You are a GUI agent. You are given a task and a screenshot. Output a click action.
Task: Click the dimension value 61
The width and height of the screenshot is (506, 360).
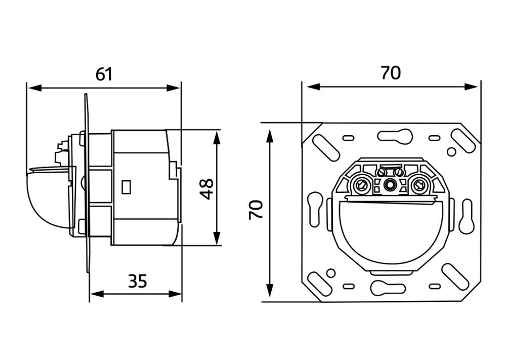click(x=104, y=74)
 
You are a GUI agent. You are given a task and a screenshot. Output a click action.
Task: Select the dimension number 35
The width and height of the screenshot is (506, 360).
click(x=138, y=281)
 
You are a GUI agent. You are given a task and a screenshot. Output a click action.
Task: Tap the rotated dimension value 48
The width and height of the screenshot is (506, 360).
click(x=206, y=189)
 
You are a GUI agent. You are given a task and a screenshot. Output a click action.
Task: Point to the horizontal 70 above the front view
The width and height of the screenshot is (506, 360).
click(x=391, y=73)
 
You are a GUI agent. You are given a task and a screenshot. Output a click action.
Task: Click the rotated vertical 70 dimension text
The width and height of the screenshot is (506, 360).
click(x=256, y=210)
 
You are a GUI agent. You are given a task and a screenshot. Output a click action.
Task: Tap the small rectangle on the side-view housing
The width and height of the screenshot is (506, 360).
click(x=126, y=187)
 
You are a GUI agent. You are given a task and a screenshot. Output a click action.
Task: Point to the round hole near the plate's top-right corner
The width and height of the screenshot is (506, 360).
click(x=451, y=151)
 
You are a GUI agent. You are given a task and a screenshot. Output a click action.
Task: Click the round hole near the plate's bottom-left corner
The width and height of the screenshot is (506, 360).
click(x=331, y=273)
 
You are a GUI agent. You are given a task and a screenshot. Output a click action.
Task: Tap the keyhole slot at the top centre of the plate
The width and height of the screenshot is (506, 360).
click(x=395, y=136)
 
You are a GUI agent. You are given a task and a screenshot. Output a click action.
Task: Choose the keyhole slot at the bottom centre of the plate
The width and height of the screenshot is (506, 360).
click(x=388, y=288)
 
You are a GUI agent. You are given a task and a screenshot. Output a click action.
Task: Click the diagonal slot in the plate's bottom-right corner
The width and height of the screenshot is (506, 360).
click(x=455, y=276)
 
